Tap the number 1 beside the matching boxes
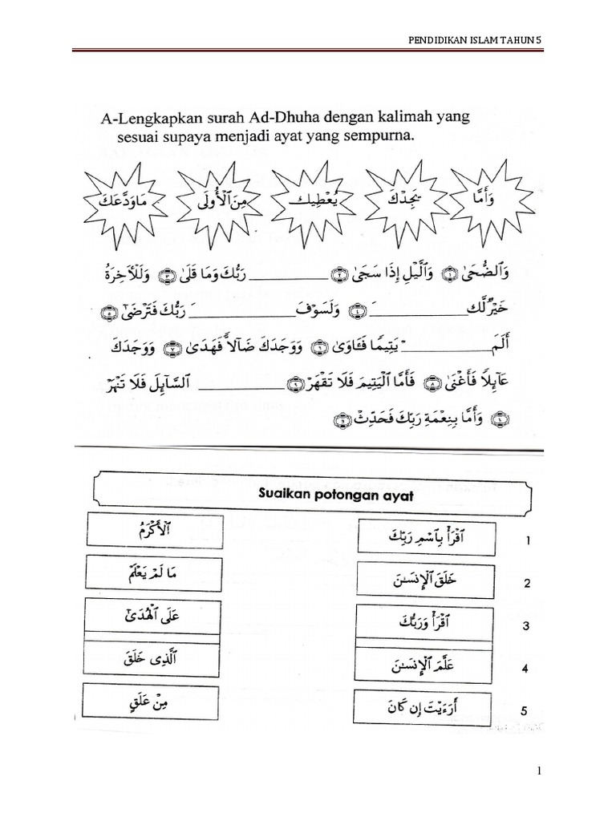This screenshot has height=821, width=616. pos(528,541)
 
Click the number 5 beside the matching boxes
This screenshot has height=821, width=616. pos(527,710)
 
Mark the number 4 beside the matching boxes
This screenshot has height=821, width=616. pos(527,667)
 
